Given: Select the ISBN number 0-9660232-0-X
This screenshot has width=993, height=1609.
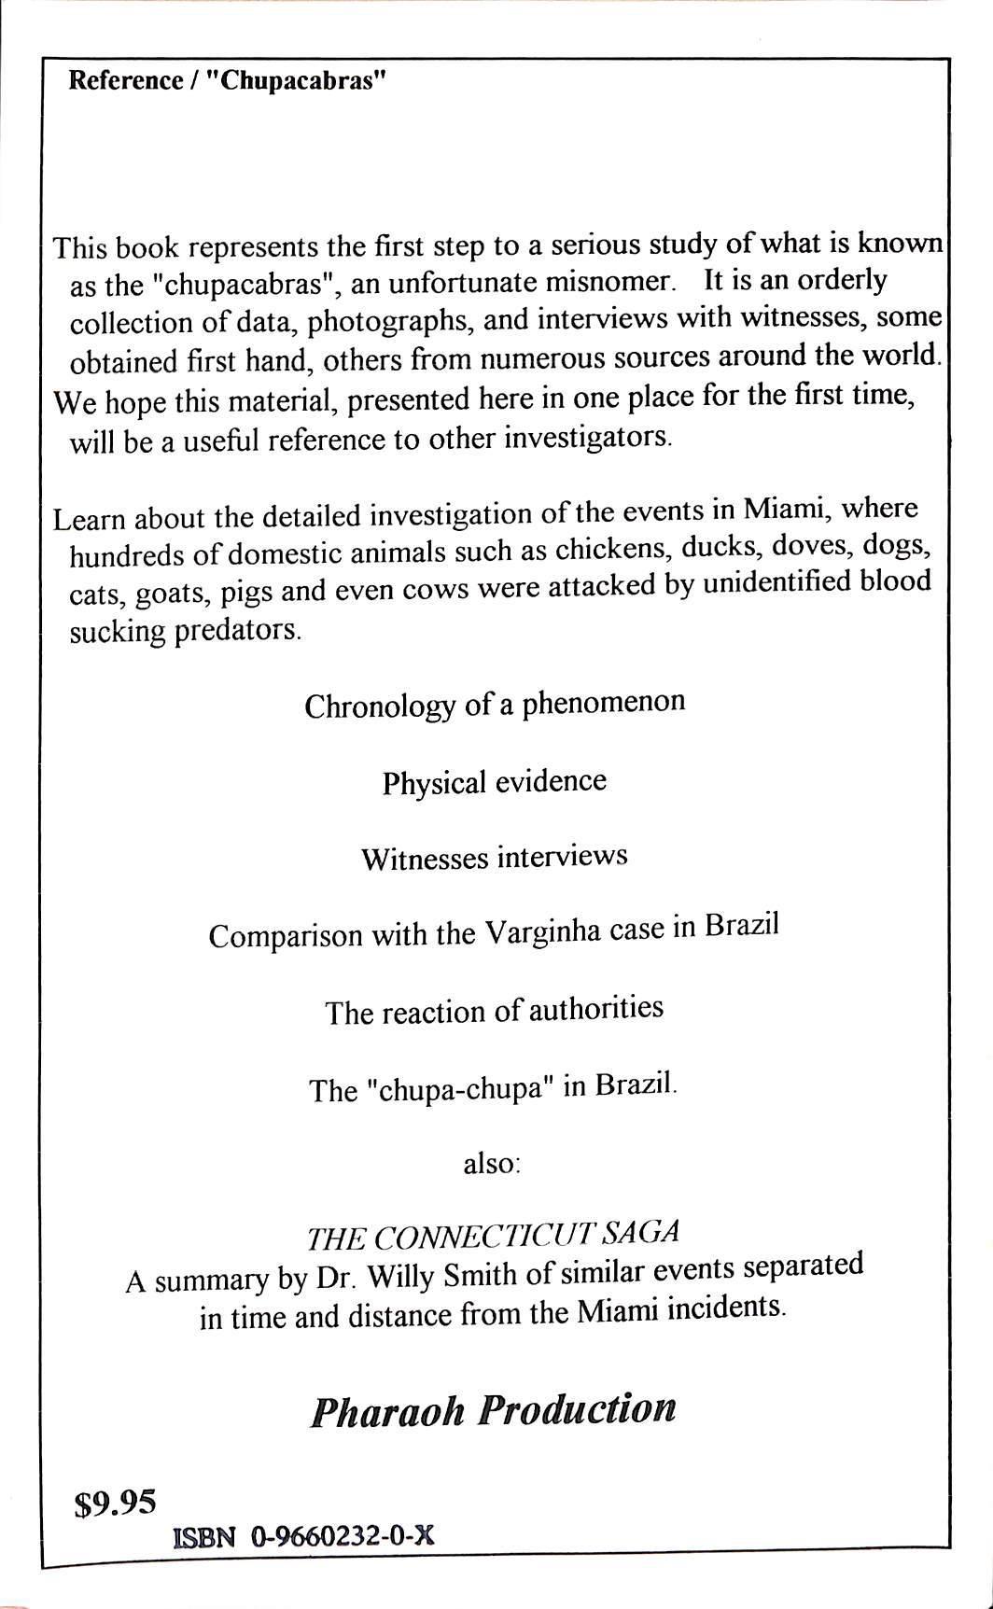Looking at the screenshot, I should (x=342, y=1537).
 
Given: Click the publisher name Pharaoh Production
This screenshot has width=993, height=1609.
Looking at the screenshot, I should (x=493, y=1410).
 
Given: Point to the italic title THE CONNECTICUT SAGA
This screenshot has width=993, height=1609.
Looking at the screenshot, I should (x=493, y=1236).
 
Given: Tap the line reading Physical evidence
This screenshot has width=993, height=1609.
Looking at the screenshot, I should (x=494, y=782).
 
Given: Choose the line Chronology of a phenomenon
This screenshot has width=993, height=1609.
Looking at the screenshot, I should (x=495, y=704).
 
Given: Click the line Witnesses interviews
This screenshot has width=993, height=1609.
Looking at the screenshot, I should (x=494, y=858).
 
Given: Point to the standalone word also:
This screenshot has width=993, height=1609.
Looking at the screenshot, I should (x=491, y=1165).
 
